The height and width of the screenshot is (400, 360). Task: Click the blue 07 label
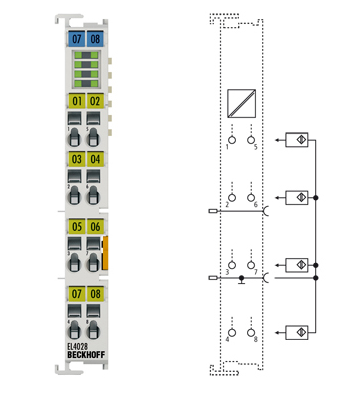76,39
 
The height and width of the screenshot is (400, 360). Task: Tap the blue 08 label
95,39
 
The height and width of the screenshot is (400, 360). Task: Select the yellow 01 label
76,101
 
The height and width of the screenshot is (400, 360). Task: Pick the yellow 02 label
95,101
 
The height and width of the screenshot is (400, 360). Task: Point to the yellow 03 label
76,159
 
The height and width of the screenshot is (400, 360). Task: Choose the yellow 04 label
95,159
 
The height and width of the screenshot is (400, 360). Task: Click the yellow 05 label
76,228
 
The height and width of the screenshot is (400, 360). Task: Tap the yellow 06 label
95,228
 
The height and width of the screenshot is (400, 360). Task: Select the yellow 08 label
95,294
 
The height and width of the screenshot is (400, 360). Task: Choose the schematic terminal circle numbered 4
230,331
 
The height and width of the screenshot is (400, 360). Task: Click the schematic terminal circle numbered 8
251,331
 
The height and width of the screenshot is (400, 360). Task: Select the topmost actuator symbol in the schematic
297,141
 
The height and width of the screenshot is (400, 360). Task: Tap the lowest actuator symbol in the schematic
297,331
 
